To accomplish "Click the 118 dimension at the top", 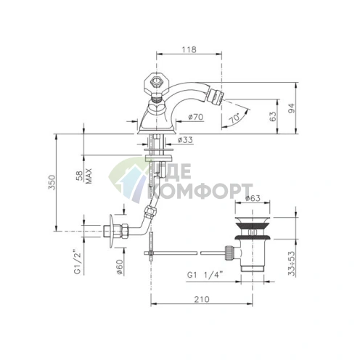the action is click(189, 49).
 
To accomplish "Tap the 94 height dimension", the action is click(292, 108).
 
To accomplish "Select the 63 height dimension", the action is click(273, 117).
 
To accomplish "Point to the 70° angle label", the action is click(234, 118).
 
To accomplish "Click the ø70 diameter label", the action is click(196, 117).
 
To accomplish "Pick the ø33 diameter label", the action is click(185, 140).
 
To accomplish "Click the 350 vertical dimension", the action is click(52, 182).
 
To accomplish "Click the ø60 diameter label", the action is click(120, 267).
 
